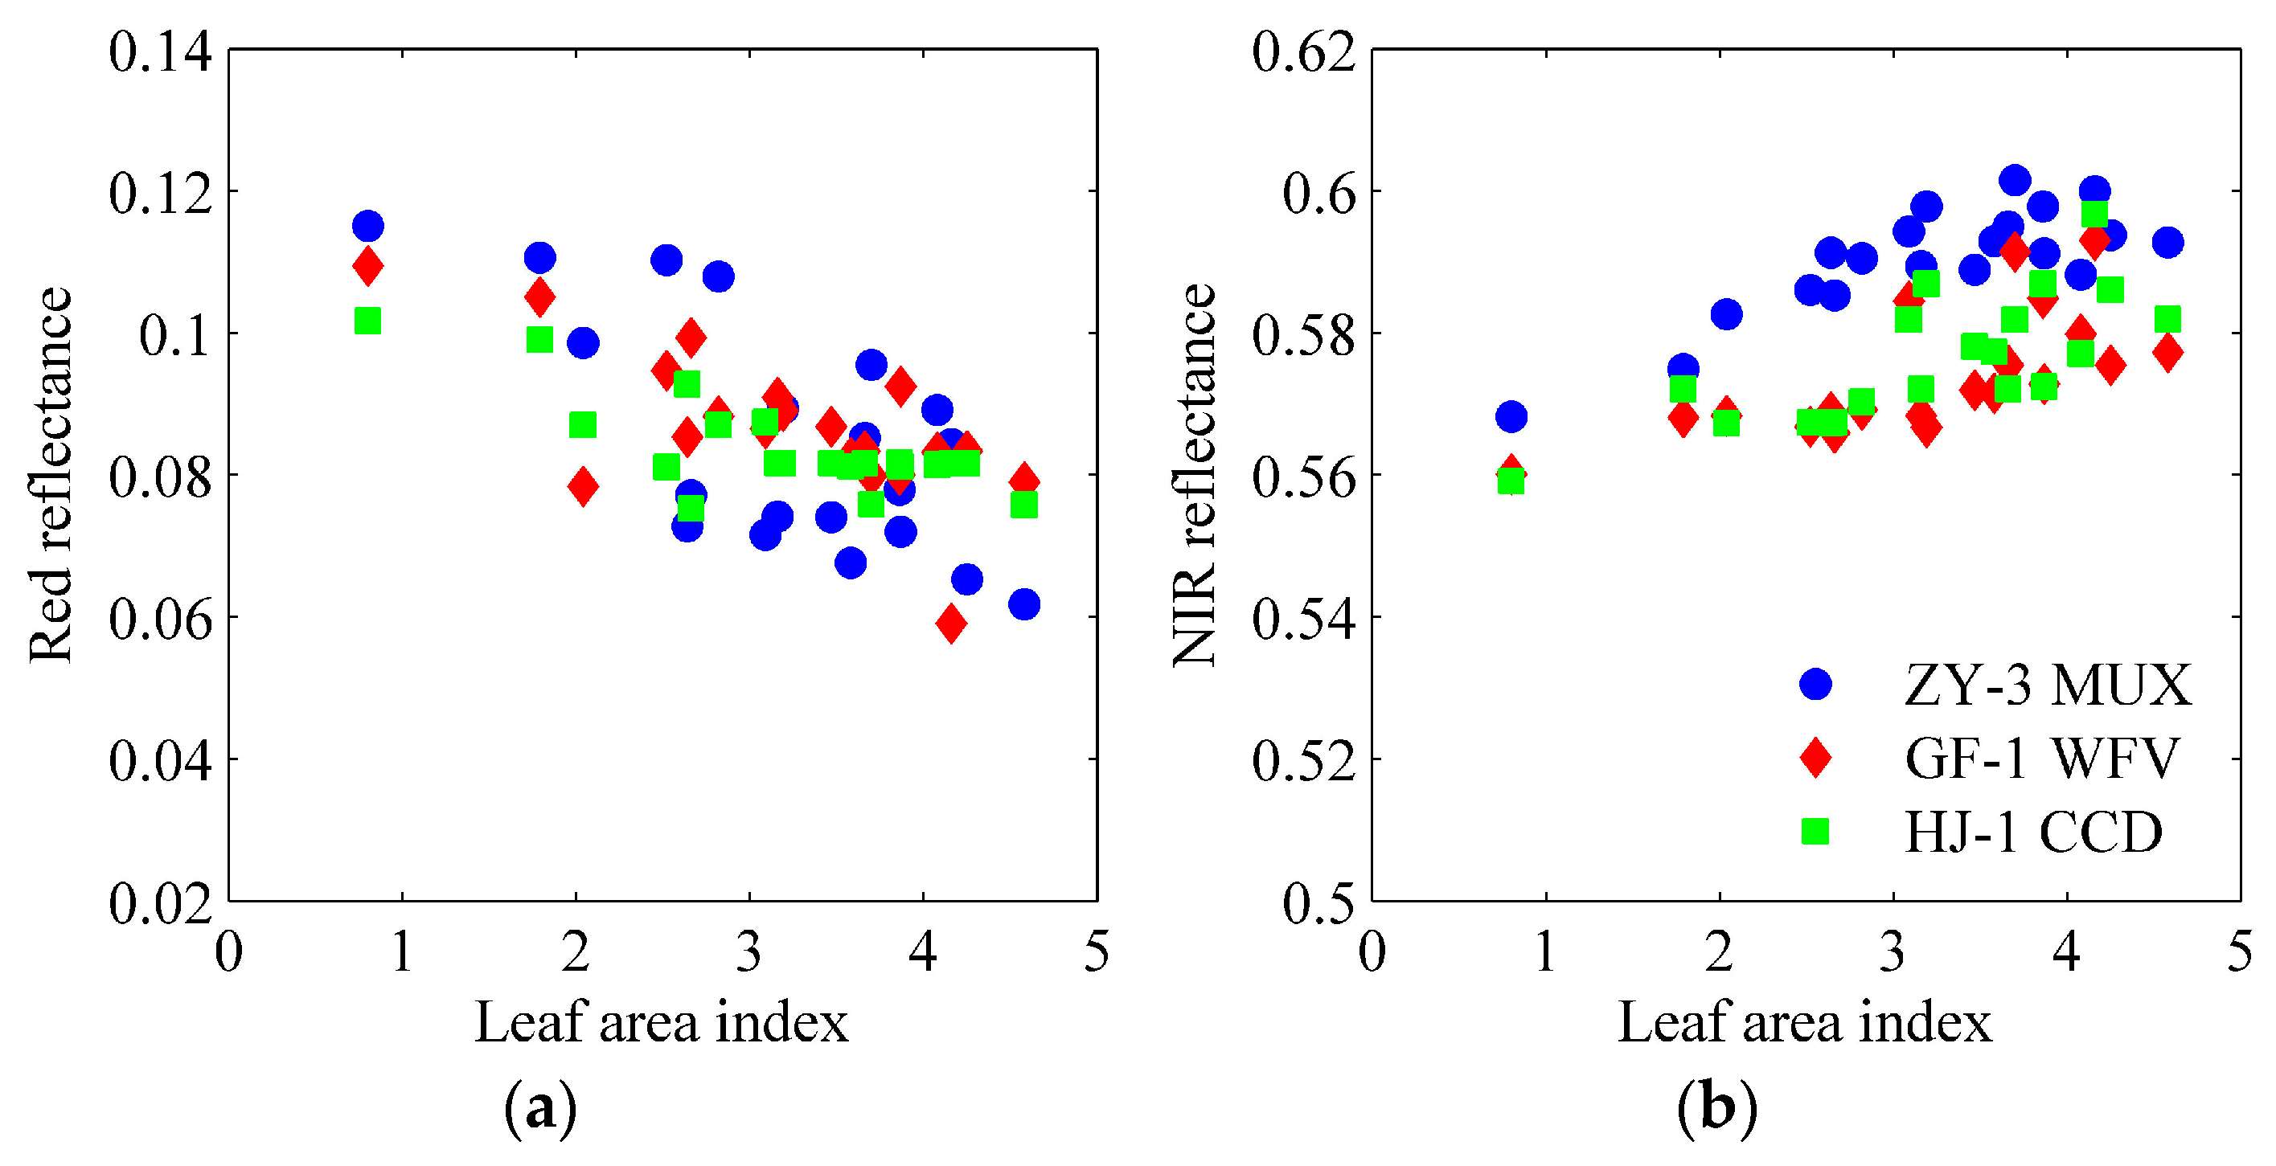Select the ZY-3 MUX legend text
[2047, 685]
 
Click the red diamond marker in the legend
[1815, 757]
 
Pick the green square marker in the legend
[1815, 830]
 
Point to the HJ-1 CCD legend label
[2033, 831]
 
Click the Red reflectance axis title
[51, 474]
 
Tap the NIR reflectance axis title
[1195, 474]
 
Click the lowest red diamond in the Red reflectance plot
[951, 624]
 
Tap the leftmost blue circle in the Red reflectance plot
[367, 225]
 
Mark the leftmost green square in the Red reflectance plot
[367, 321]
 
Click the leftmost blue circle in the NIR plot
[1511, 416]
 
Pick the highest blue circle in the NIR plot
[2015, 180]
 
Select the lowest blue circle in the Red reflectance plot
[1024, 604]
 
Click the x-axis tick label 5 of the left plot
[1097, 953]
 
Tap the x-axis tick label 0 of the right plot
[1372, 953]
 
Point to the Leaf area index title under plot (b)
[1804, 1023]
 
